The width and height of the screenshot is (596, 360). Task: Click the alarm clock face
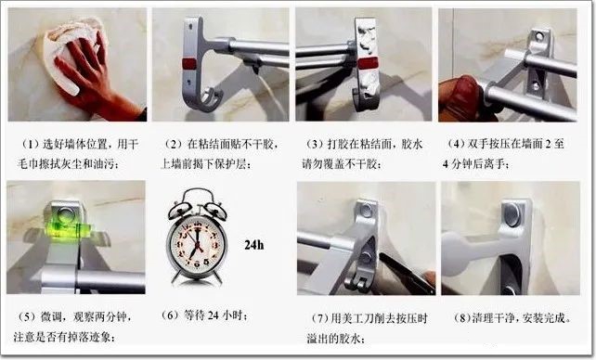[x=197, y=245]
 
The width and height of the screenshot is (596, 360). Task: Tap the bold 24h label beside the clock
[x=254, y=245]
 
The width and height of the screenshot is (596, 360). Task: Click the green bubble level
[x=71, y=228]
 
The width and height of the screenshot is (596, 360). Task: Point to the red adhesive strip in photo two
[x=188, y=64]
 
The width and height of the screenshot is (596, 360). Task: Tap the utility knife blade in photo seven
[x=407, y=273]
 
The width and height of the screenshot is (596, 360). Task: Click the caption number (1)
[x=31, y=145]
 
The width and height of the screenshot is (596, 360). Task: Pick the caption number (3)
[x=315, y=145]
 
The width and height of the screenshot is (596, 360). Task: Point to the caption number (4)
[x=456, y=145]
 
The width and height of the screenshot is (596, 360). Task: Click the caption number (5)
[x=27, y=316]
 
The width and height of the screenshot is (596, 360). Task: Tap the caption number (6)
[x=170, y=315]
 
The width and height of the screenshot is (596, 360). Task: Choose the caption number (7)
[x=319, y=318]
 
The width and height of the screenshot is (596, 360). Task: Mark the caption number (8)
[x=462, y=318]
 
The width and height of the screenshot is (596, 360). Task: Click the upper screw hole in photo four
[x=539, y=37]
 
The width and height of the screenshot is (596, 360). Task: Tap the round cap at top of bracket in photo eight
[x=512, y=214]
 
